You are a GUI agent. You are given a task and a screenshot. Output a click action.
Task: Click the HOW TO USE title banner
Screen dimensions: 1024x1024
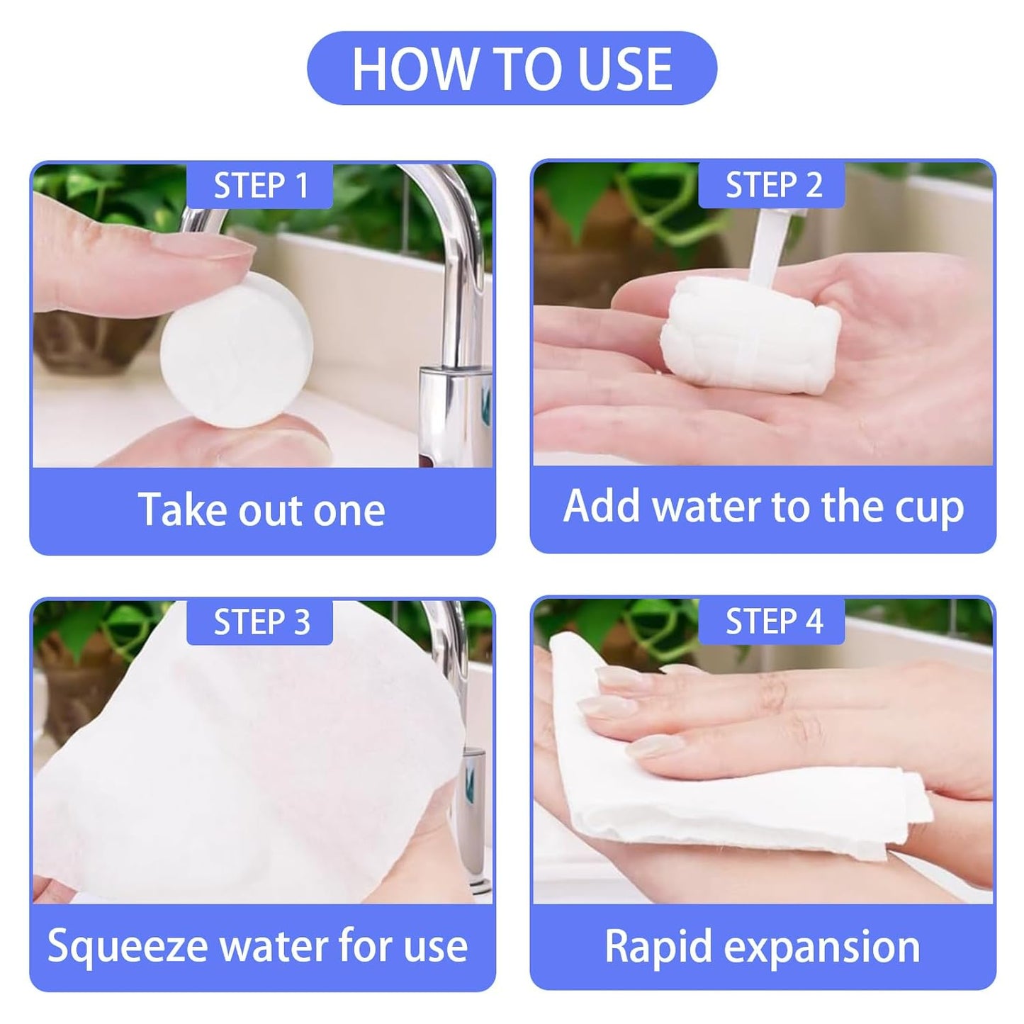click(512, 69)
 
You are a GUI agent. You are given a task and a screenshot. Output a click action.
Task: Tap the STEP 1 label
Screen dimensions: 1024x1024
click(261, 186)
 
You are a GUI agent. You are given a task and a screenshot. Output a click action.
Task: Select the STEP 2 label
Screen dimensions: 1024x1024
click(773, 185)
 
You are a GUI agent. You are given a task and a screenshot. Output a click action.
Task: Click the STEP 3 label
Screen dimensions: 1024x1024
click(261, 622)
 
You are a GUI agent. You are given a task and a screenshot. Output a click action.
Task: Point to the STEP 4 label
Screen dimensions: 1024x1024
click(773, 621)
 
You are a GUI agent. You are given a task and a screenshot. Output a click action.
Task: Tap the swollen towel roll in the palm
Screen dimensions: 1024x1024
click(750, 332)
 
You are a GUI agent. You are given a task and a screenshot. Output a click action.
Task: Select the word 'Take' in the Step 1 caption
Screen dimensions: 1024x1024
click(177, 510)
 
